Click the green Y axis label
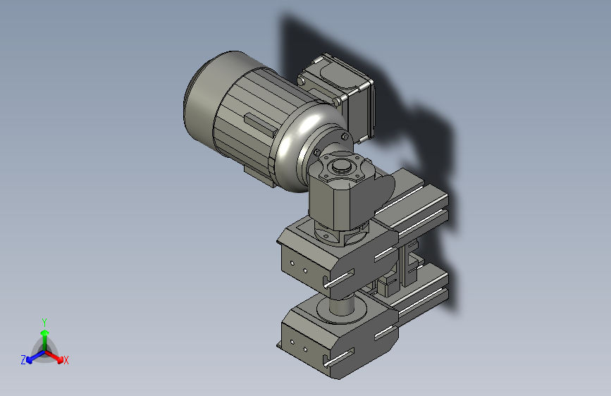pos(44,321)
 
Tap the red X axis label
pos(66,360)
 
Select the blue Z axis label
pos(23,360)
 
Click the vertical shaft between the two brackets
pos(342,305)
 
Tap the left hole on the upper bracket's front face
pos(291,265)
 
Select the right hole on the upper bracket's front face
pos(304,269)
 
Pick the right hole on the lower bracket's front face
pos(305,348)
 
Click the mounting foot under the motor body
pos(257,173)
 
